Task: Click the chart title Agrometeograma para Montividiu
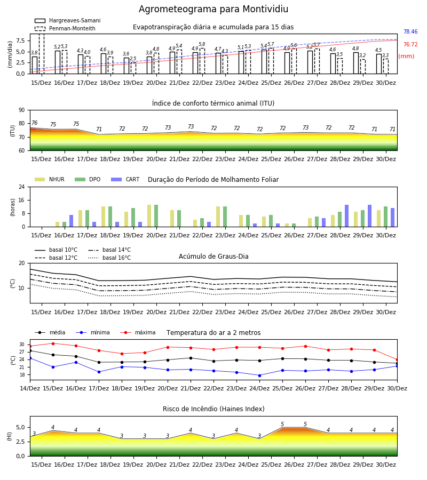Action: click(213, 9)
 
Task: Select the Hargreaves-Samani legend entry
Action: click(67, 20)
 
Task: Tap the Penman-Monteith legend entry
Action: click(65, 28)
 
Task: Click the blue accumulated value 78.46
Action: click(410, 31)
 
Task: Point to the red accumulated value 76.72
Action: click(410, 44)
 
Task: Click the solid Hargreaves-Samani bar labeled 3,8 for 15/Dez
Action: click(35, 65)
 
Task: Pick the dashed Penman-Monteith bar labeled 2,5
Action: click(133, 68)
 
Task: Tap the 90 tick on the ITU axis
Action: click(22, 110)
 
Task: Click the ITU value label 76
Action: click(34, 123)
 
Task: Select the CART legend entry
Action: click(125, 179)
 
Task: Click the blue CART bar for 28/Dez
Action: click(347, 216)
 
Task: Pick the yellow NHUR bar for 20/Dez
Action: click(149, 216)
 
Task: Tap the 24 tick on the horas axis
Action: click(22, 187)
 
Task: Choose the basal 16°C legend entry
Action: click(109, 258)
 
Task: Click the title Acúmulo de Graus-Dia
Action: click(213, 257)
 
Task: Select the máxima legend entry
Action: click(138, 332)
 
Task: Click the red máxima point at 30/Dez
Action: click(397, 359)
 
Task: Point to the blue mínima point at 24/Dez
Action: click(260, 375)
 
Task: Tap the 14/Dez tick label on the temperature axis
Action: click(30, 388)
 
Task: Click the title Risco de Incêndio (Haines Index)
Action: click(213, 409)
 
